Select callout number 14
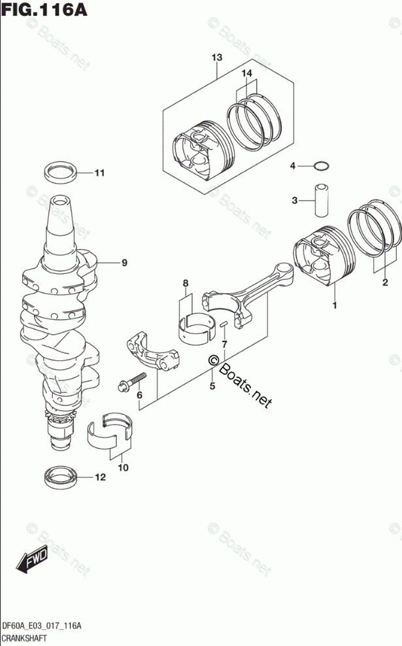point(246,74)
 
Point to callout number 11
point(99,173)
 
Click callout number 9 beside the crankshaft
point(124,263)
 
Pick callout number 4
point(293,166)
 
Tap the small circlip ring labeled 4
point(320,166)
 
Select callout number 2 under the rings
point(385,282)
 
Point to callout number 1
point(335,305)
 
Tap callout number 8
point(186,283)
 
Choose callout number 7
point(224,344)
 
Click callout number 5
point(212,386)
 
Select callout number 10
point(123,467)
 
